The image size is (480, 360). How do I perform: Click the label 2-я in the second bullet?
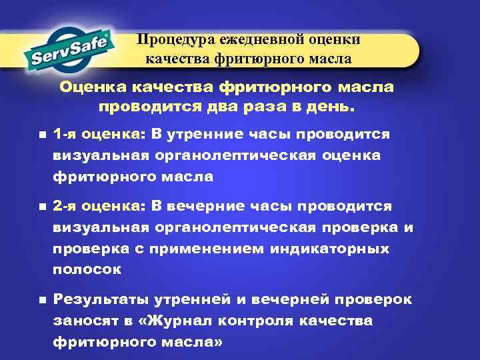[x=65, y=206]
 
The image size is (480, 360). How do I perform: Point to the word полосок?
[x=87, y=270]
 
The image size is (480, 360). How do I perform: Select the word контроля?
[x=264, y=321]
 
